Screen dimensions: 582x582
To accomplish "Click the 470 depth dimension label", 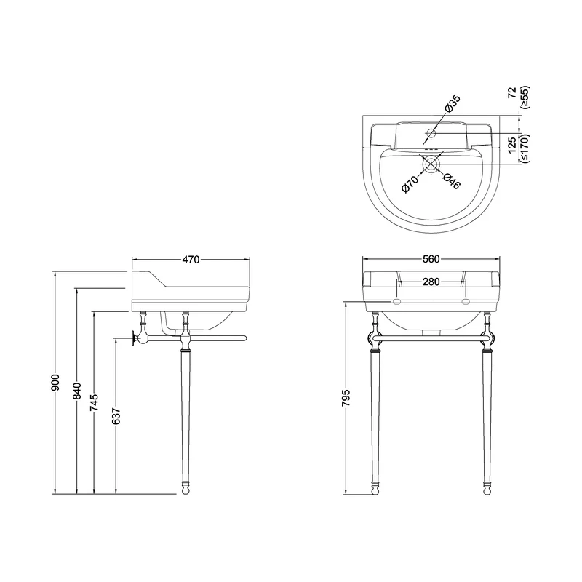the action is (x=191, y=260).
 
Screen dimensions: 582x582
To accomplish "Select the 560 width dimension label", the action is (x=431, y=259).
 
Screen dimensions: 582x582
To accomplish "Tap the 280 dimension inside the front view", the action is (x=431, y=282).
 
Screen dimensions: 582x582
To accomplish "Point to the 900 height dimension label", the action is (x=55, y=383).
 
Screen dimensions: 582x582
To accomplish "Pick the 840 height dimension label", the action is (x=77, y=391).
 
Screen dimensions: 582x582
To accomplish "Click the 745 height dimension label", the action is (x=95, y=403).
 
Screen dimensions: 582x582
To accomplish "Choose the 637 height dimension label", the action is (x=116, y=417).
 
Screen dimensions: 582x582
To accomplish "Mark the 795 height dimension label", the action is (x=346, y=398).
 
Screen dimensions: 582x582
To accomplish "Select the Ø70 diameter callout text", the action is (x=410, y=184).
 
